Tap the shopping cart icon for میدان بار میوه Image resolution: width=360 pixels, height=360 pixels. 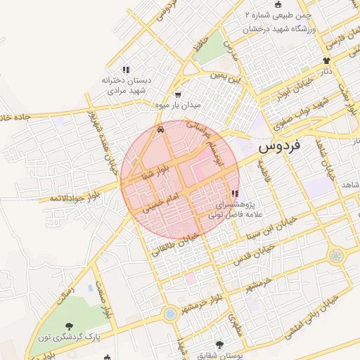pos(177,95)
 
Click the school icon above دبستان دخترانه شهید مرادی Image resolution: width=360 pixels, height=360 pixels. pos(126,70)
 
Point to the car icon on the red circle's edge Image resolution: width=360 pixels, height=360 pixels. pos(162,129)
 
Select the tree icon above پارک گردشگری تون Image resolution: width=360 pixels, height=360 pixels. pos(70,326)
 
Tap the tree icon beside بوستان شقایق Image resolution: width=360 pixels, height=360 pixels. pos(220,345)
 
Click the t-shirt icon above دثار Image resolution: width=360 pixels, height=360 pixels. pos(326,61)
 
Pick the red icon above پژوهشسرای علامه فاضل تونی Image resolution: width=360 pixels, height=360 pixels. pos(234,193)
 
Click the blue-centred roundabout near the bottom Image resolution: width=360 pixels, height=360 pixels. pos(169,314)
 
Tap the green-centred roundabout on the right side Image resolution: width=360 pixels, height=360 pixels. pos(337,256)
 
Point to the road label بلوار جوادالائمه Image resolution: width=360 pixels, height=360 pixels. pos(73,196)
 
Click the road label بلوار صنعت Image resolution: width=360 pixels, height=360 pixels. pos(107,299)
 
